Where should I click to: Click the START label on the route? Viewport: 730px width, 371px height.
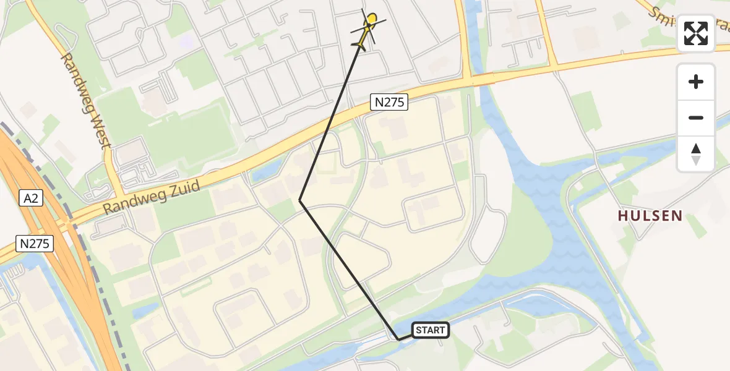(x=430, y=330)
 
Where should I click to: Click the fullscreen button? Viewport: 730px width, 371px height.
(x=696, y=33)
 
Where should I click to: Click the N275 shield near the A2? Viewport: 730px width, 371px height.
(x=34, y=244)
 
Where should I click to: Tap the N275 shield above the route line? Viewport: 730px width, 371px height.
(x=390, y=103)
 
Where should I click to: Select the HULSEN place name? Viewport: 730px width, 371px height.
(x=650, y=216)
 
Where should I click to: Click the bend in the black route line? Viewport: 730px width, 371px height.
(x=300, y=200)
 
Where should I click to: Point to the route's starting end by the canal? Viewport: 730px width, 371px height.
(x=398, y=339)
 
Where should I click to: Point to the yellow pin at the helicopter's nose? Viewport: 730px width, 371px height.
(x=371, y=19)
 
